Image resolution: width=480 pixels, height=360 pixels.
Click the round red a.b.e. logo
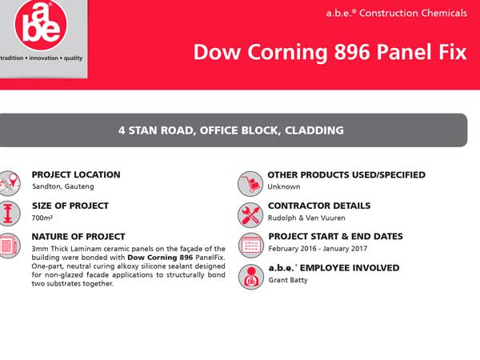[x=41, y=25]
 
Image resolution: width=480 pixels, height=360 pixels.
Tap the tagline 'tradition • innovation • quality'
[x=41, y=58]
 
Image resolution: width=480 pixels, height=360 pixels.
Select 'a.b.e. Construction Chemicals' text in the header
[x=397, y=13]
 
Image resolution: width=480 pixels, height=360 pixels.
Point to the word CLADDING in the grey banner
[x=314, y=130]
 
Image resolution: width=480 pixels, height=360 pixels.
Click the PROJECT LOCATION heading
[x=76, y=174]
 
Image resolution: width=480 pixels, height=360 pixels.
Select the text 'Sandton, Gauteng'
[x=63, y=186]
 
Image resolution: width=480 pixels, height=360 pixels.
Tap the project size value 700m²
[x=42, y=218]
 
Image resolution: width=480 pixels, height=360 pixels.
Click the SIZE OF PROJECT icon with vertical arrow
[x=9, y=214]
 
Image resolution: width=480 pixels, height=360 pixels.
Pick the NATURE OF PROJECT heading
[x=78, y=237]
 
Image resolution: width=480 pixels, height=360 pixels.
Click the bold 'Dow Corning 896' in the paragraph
[x=160, y=257]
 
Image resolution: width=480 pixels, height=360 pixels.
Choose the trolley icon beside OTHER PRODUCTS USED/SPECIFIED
[x=250, y=184]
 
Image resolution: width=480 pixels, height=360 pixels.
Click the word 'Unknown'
[x=284, y=186]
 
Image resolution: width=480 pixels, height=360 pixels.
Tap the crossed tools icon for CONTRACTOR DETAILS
[x=250, y=214]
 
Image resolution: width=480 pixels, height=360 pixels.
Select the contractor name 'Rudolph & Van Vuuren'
[x=306, y=218]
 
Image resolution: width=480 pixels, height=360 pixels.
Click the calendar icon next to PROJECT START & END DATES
[x=251, y=246]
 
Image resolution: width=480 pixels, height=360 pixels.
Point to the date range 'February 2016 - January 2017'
[x=318, y=249]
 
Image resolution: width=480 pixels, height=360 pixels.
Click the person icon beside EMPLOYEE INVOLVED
[x=251, y=277]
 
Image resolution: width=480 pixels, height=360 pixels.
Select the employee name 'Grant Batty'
[x=288, y=280]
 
